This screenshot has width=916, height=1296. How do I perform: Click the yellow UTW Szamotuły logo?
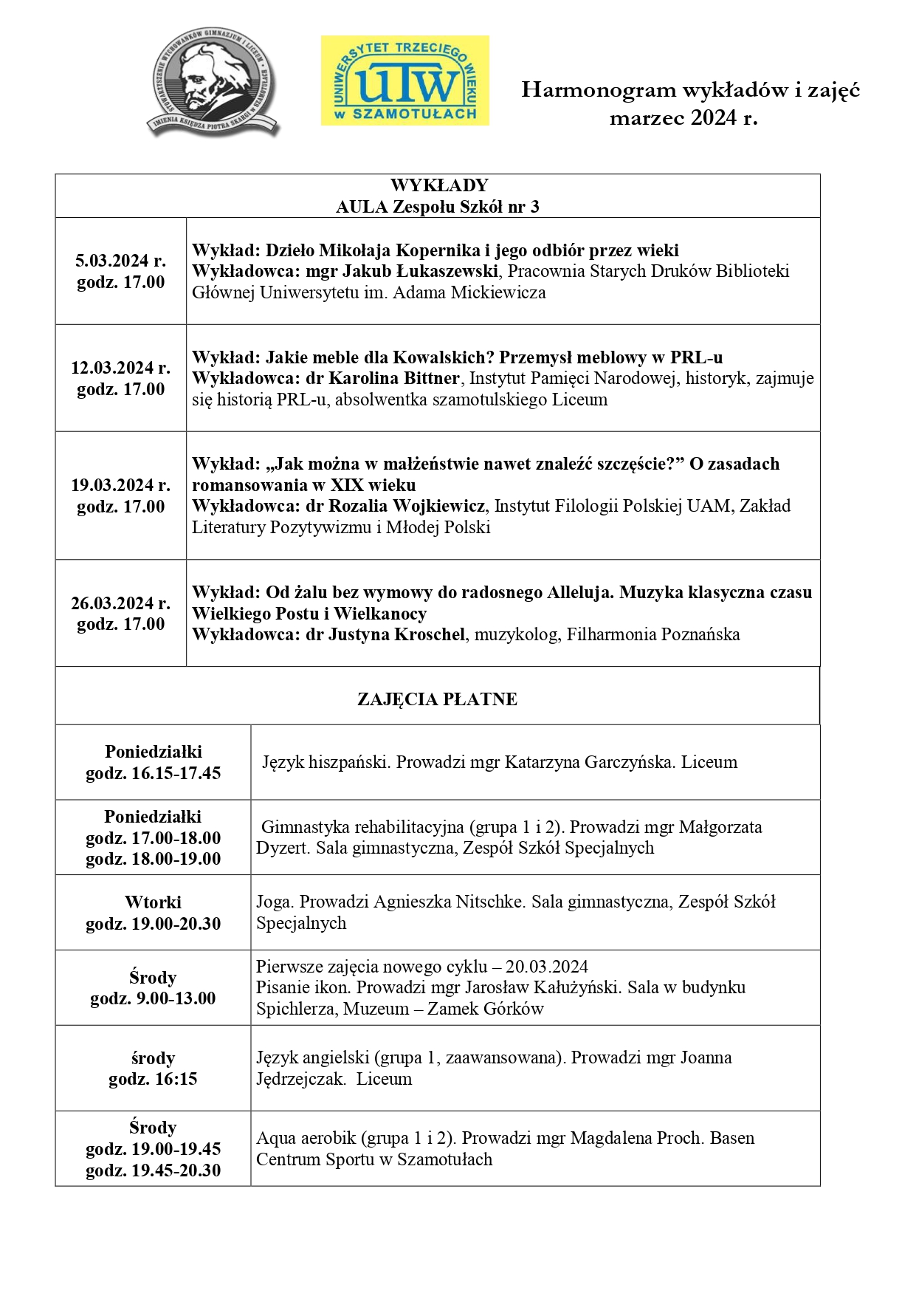tap(404, 80)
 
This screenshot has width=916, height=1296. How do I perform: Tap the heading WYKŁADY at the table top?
tap(438, 185)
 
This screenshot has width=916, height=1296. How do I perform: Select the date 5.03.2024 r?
tap(120, 261)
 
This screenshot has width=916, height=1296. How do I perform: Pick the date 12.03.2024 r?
tap(120, 368)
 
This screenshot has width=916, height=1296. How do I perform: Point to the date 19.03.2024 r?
tap(120, 485)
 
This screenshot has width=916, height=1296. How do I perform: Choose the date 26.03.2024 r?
tap(120, 603)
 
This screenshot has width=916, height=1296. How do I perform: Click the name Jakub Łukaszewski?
tap(421, 271)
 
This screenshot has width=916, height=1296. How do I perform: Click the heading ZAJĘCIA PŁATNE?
tap(437, 699)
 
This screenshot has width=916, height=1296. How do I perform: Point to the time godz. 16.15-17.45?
tap(153, 773)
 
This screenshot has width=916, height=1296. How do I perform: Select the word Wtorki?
tap(153, 902)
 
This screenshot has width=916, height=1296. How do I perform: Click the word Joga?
tap(273, 902)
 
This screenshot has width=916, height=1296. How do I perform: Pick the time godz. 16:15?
tap(153, 1079)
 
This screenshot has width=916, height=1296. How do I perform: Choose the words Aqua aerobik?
tap(306, 1138)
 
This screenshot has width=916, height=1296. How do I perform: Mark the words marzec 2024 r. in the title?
tap(683, 118)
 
